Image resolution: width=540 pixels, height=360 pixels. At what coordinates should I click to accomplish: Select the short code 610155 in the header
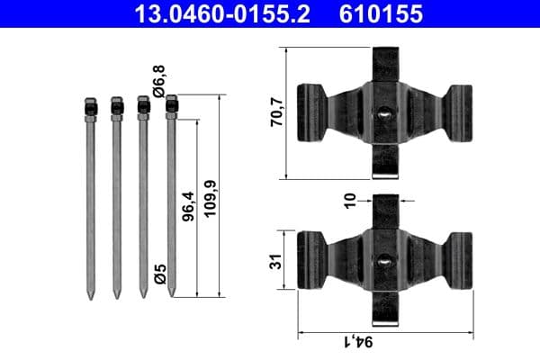[381, 13]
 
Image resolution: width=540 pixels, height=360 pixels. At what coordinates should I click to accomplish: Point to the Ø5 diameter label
[158, 274]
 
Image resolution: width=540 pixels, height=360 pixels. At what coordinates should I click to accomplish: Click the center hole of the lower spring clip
[384, 261]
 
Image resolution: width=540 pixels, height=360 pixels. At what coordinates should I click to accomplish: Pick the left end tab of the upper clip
[310, 112]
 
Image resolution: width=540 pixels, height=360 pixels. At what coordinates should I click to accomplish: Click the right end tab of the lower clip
[459, 261]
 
